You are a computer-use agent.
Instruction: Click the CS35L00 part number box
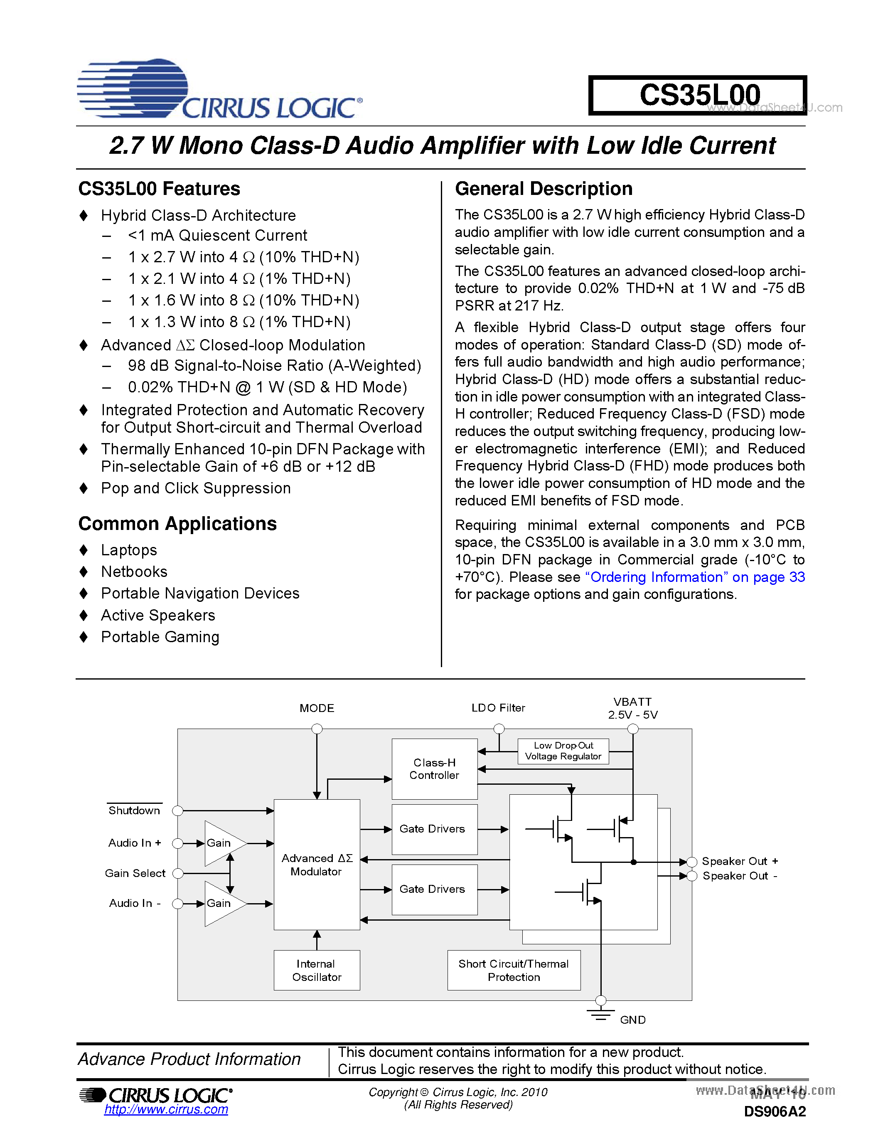click(x=697, y=95)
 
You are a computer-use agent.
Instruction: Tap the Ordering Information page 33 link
click(x=695, y=577)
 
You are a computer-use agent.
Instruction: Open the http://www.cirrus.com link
click(x=166, y=1109)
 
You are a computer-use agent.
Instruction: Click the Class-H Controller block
click(x=434, y=769)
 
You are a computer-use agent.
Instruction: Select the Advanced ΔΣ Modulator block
click(x=317, y=865)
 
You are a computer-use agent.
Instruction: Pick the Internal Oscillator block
click(x=317, y=970)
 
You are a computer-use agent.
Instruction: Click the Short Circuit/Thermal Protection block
click(x=514, y=970)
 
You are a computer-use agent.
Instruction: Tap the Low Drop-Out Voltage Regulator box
click(x=563, y=751)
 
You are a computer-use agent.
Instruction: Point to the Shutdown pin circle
click(x=178, y=810)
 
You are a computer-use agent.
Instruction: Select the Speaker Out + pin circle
click(x=691, y=862)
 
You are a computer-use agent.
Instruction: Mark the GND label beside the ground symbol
click(x=632, y=1020)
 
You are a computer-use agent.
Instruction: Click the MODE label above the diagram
click(x=317, y=708)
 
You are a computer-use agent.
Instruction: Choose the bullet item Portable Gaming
click(x=160, y=637)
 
